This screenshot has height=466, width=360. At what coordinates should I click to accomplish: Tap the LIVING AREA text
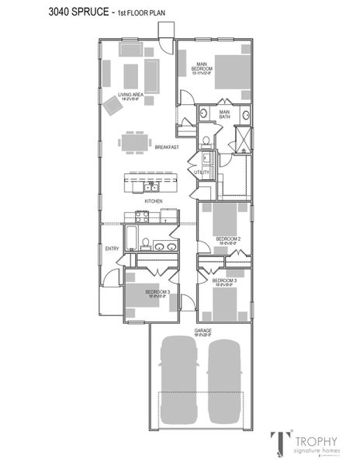tap(130, 96)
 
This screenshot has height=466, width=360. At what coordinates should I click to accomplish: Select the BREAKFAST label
tap(167, 147)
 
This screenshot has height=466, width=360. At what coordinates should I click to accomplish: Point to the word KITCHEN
tap(153, 201)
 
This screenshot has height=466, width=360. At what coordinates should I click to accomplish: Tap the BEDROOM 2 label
tap(227, 238)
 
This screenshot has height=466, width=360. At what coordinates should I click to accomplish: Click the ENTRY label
tap(112, 249)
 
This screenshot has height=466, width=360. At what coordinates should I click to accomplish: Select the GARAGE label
tap(203, 330)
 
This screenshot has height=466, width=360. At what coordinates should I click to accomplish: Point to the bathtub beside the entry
tap(132, 236)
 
